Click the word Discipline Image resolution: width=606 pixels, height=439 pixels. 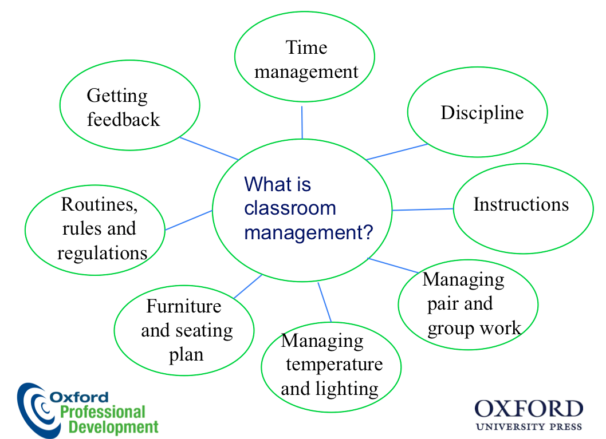coord(482,113)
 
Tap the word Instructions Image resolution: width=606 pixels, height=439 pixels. coord(521,204)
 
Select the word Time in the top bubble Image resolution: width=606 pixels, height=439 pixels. coord(306,48)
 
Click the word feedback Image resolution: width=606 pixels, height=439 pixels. coord(123,119)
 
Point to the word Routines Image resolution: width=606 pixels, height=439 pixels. coord(99,205)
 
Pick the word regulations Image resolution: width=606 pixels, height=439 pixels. coord(103,254)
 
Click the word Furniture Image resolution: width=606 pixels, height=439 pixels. coord(184,306)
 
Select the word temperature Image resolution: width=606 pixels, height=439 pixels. coord(335,365)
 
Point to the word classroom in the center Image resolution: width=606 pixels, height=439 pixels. coord(290,208)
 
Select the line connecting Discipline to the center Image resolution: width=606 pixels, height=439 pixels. coord(396,152)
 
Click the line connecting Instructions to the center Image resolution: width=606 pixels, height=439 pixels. coord(423,209)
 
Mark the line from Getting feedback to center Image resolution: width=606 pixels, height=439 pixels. coord(208,148)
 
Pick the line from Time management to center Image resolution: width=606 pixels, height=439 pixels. coord(302,122)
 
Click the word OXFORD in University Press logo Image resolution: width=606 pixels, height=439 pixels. coord(529,409)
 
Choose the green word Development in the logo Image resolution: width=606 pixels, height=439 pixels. coord(113,428)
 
